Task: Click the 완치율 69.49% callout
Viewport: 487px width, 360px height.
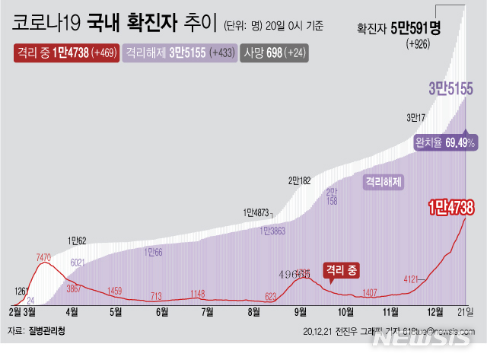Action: (445, 142)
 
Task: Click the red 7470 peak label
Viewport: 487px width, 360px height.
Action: (43, 259)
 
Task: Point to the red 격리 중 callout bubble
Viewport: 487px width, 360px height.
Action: (340, 270)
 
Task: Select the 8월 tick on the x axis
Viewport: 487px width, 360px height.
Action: (253, 311)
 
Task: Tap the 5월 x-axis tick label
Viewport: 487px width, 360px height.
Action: (116, 311)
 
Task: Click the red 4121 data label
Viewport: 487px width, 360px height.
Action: (412, 279)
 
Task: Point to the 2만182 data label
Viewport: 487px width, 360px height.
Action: (299, 180)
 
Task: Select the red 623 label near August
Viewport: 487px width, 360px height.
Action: (270, 297)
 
